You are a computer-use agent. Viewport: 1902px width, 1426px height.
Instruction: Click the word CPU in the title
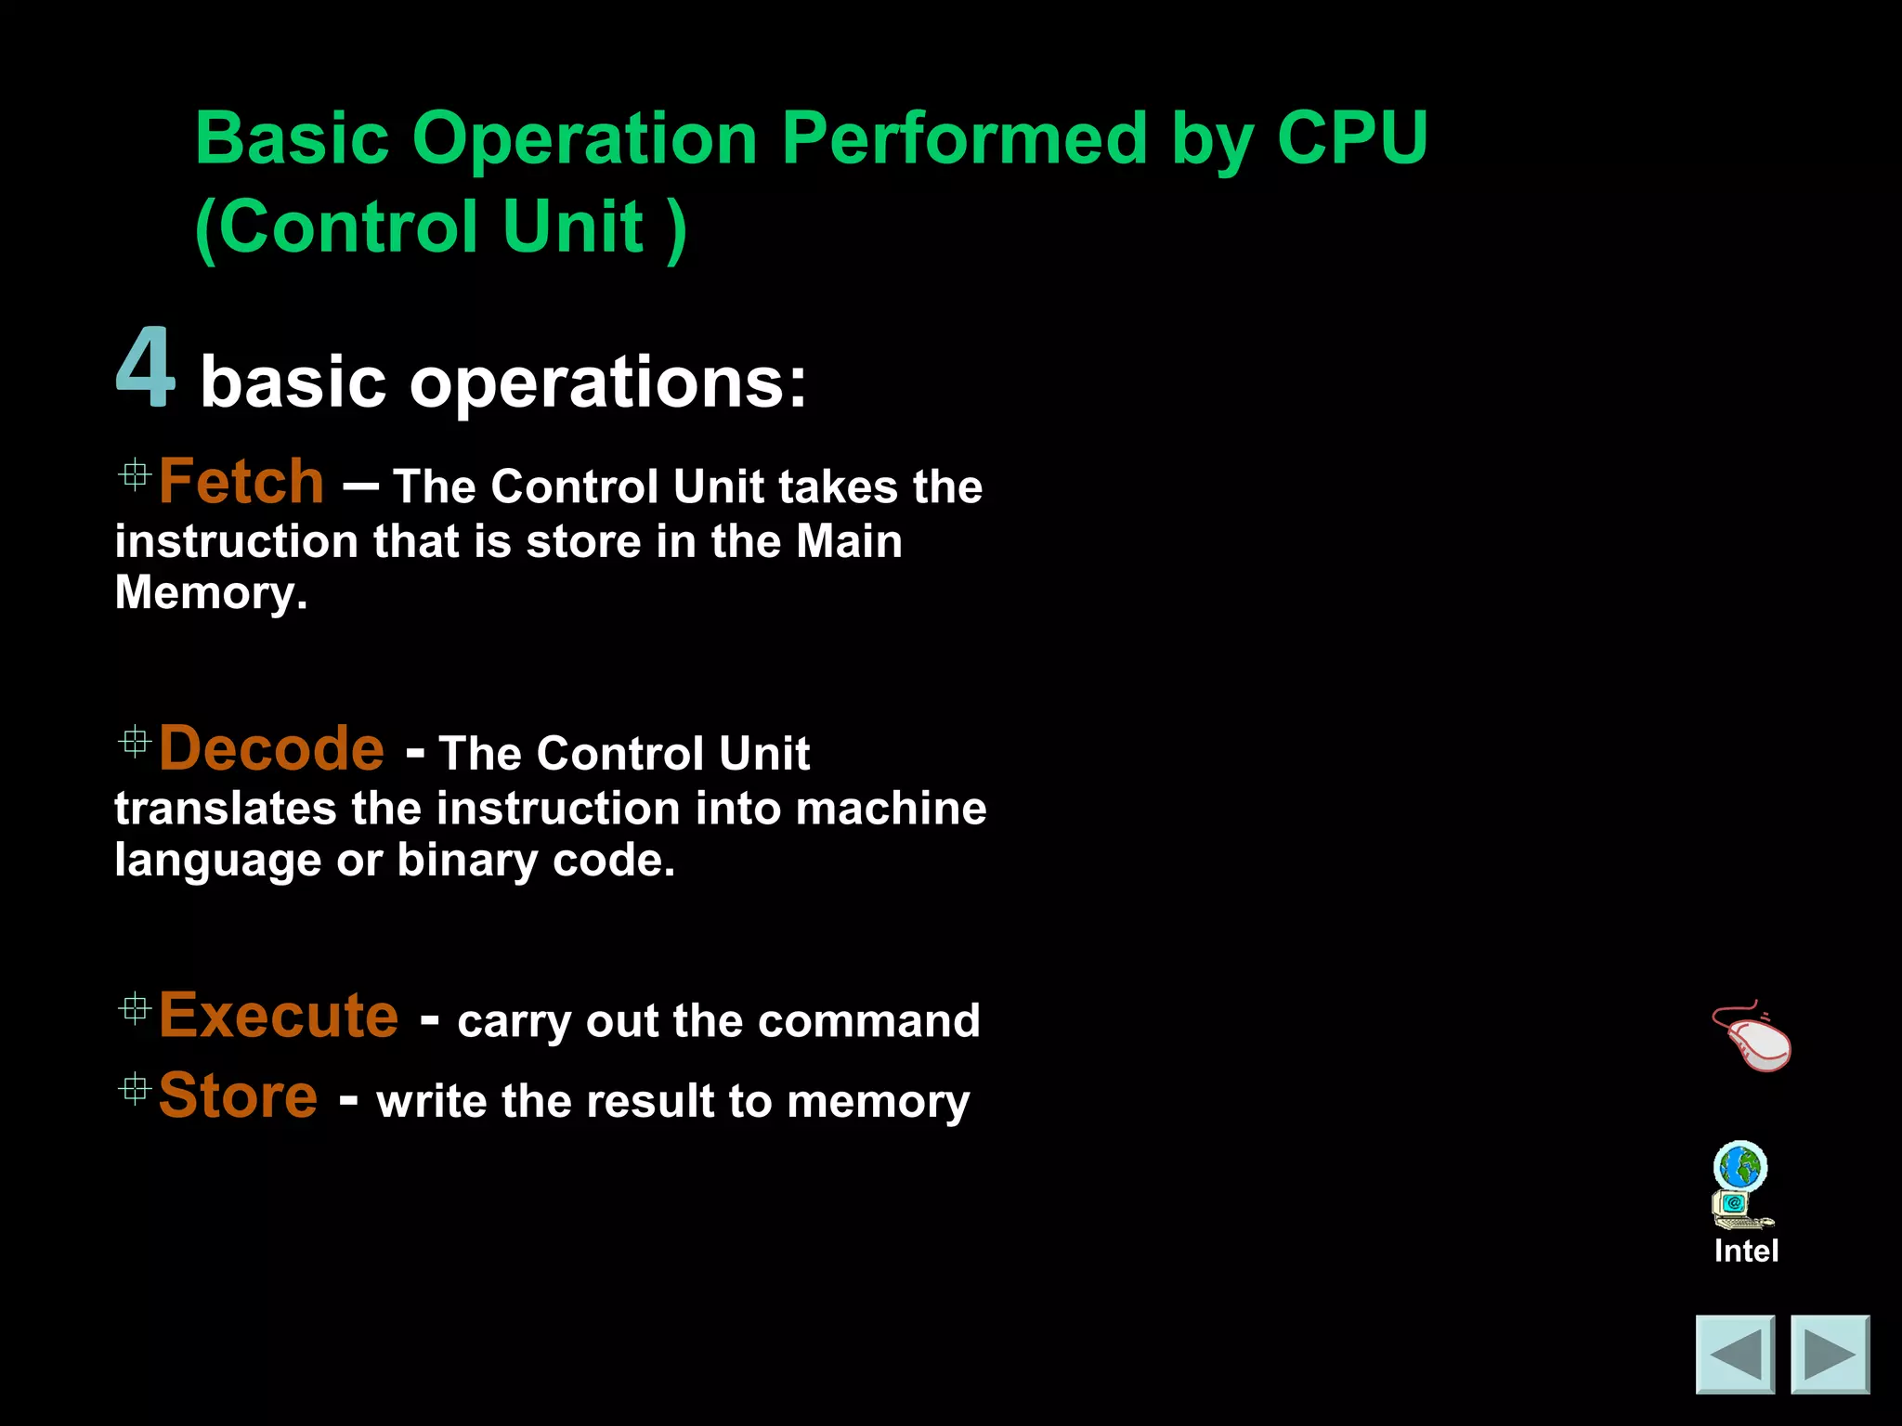1351,138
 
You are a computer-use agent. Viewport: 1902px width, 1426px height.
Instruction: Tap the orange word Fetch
241,482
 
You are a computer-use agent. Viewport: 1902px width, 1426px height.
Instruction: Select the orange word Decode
271,748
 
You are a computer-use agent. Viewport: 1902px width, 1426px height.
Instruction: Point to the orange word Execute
279,1015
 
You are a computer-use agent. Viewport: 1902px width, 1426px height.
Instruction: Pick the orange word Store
238,1095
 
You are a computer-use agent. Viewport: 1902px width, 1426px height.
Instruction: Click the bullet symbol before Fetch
135,475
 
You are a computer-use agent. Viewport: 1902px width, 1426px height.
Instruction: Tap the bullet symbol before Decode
135,742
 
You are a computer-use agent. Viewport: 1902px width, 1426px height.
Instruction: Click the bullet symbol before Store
135,1089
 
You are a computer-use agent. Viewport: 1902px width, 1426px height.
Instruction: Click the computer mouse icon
1752,1037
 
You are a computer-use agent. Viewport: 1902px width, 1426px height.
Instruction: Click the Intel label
1746,1251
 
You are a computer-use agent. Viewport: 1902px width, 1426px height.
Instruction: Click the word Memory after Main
210,593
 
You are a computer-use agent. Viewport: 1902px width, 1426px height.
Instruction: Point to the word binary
467,861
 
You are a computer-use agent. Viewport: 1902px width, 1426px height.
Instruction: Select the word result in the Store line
650,1102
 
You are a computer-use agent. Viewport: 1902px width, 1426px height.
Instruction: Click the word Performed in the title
964,138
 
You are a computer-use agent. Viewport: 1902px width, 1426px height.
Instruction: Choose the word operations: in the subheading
608,382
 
